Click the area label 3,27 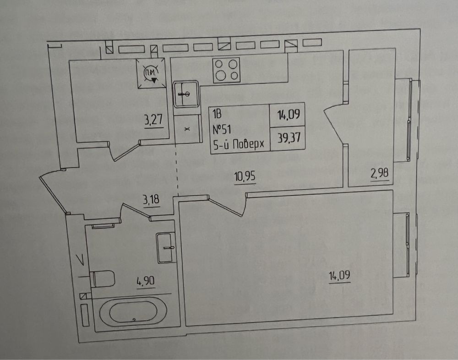[x=153, y=120]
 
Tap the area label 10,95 [x=245, y=176]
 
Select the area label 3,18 [x=151, y=201]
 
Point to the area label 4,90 [x=146, y=281]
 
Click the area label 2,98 [x=380, y=174]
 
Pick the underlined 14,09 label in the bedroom [x=340, y=276]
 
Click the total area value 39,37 [x=289, y=137]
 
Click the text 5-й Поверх [x=239, y=144]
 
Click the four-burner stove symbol [x=227, y=70]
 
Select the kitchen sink [x=186, y=94]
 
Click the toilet [x=102, y=279]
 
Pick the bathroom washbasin [x=166, y=247]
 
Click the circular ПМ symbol [x=151, y=73]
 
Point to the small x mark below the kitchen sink [x=187, y=129]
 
